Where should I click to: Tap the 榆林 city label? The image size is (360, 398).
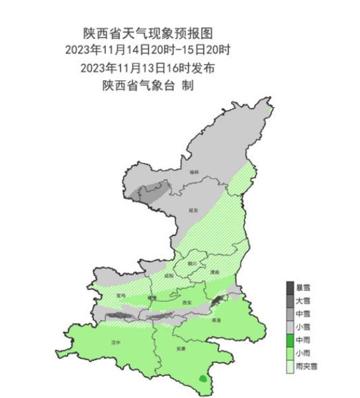click(194, 172)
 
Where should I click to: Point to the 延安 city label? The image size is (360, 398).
click(194, 208)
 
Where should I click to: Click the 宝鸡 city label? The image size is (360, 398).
click(120, 295)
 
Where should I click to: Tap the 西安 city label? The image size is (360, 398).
click(187, 303)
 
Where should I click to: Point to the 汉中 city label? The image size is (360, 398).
click(116, 342)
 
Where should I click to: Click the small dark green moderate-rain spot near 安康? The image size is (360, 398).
click(202, 378)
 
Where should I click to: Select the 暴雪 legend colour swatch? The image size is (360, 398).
click(290, 287)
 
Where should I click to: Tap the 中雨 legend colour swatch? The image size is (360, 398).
click(290, 340)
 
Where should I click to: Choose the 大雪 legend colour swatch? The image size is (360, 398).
click(290, 301)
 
